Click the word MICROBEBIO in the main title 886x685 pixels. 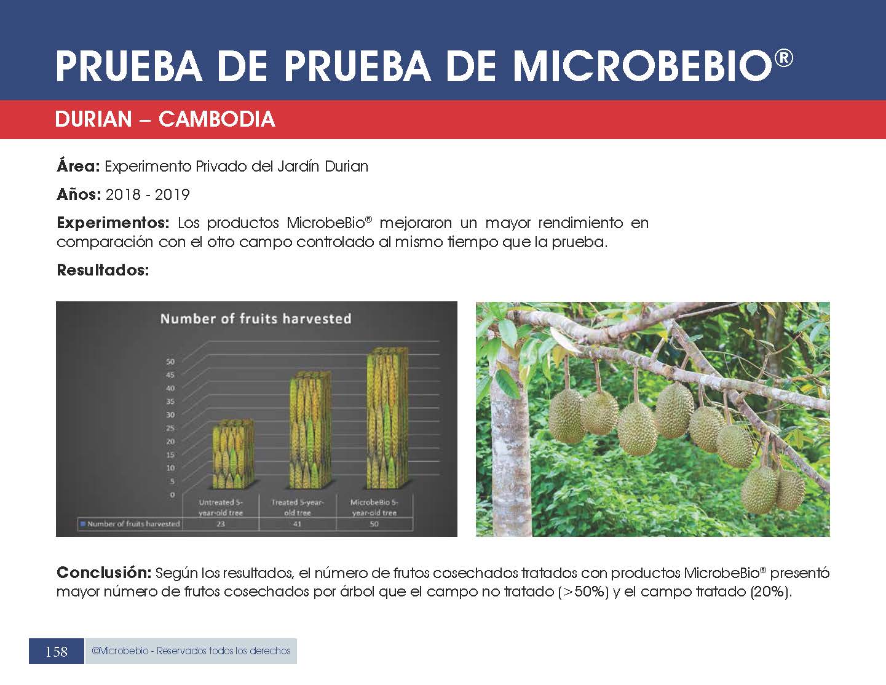click(x=643, y=66)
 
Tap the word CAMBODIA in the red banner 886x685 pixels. click(x=216, y=119)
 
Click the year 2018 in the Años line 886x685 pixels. click(x=123, y=194)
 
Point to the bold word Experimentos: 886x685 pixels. click(x=113, y=223)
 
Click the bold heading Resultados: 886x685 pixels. click(x=103, y=270)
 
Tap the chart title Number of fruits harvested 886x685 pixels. click(x=256, y=319)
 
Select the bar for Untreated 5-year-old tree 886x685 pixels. click(x=233, y=454)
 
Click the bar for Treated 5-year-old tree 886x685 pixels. click(x=310, y=430)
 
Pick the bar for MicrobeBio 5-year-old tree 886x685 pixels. click(x=387, y=418)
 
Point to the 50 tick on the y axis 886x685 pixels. click(x=170, y=362)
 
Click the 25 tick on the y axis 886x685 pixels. click(x=170, y=428)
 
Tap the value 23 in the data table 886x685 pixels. click(x=221, y=524)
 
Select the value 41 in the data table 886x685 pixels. click(x=297, y=524)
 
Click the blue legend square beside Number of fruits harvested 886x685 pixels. click(x=83, y=524)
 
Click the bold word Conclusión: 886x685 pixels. click(x=104, y=573)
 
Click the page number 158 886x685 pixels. click(x=57, y=652)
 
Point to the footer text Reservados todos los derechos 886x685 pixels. click(x=223, y=651)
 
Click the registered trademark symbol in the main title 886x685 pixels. click(x=783, y=58)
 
